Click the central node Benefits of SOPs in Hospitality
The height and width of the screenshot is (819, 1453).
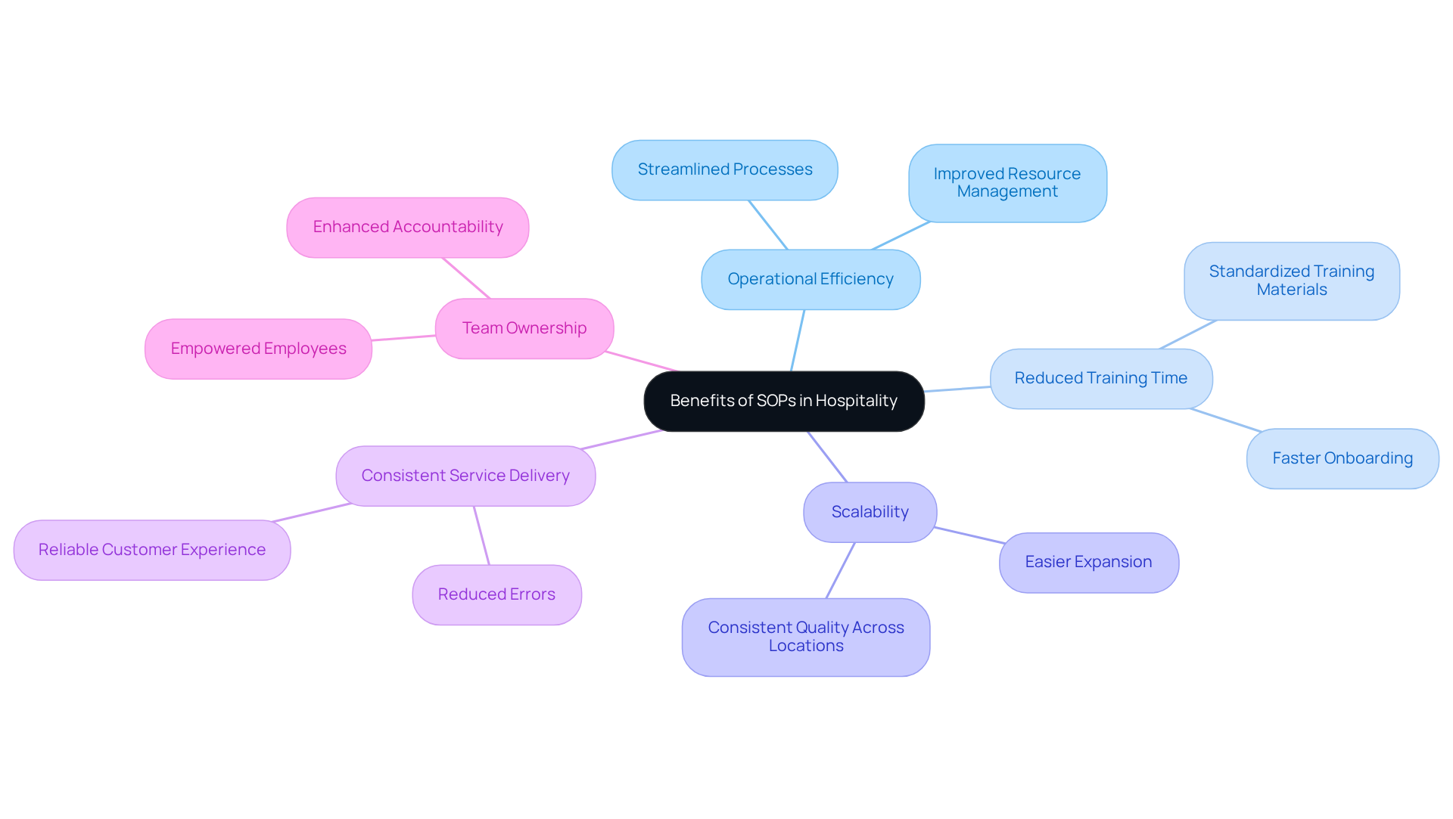(783, 401)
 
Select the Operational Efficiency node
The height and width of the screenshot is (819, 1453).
(810, 279)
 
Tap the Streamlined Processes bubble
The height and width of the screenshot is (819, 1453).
(724, 169)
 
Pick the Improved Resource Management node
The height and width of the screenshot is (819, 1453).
(1007, 183)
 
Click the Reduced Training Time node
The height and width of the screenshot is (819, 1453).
(1100, 378)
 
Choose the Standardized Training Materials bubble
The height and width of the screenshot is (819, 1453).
(1291, 281)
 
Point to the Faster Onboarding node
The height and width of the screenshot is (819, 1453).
(1342, 458)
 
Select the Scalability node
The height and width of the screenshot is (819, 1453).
(870, 512)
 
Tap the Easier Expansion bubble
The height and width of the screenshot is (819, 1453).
(1088, 562)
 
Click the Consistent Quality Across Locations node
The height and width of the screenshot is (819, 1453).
(805, 637)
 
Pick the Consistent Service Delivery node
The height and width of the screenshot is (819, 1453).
(465, 476)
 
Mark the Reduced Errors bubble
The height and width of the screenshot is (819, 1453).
(496, 594)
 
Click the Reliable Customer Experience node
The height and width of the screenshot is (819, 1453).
(151, 550)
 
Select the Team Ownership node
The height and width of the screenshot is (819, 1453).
(524, 328)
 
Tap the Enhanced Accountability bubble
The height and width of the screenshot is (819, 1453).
(407, 227)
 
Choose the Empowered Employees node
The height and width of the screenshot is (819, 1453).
(258, 349)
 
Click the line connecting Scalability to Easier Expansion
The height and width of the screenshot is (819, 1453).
(969, 535)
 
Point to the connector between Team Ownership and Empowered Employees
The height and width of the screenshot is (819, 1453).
(403, 338)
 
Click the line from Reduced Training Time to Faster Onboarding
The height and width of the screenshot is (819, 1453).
(1225, 420)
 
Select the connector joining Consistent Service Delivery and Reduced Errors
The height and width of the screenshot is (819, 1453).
(481, 535)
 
